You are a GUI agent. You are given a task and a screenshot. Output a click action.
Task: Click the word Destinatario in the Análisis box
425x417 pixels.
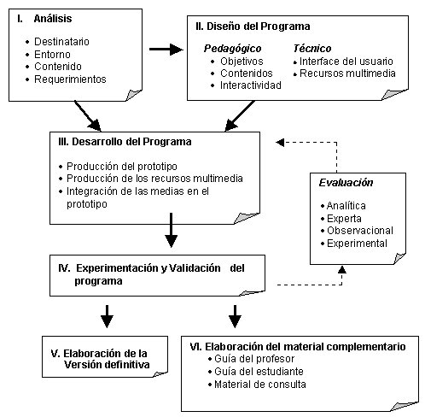coord(61,42)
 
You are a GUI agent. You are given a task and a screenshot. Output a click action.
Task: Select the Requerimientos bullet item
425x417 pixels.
coord(70,79)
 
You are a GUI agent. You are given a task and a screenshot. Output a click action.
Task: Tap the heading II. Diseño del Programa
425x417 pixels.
coord(253,26)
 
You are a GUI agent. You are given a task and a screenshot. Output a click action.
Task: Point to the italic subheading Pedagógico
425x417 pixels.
coord(232,49)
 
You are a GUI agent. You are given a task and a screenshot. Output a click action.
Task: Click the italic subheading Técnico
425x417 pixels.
coord(312,49)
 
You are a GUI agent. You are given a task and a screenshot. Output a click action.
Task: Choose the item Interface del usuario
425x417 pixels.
coord(346,62)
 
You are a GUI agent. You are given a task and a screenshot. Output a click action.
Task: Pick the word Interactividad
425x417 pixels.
coord(251,85)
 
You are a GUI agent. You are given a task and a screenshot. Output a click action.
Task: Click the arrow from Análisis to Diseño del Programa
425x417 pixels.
coord(166,50)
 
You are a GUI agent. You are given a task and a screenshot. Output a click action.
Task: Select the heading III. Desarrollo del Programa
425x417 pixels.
coord(125,142)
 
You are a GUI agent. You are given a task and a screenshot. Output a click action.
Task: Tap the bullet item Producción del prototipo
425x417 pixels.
coord(122,167)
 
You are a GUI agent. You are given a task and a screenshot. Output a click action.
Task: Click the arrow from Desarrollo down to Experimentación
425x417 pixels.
coord(171,230)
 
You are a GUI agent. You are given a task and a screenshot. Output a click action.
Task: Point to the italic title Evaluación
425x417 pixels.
coord(346,183)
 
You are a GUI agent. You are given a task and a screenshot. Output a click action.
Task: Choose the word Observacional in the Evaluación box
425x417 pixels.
coord(360,231)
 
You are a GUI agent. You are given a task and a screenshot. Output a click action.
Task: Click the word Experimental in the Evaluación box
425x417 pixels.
coord(357,244)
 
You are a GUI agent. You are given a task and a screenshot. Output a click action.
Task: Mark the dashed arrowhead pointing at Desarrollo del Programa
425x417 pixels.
coord(280,142)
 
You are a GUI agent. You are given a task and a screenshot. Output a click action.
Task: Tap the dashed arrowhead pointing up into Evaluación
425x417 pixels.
coord(342,270)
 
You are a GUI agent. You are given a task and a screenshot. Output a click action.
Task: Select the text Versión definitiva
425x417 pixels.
coord(107,365)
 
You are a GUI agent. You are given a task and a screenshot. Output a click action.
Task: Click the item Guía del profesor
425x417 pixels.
coord(254,359)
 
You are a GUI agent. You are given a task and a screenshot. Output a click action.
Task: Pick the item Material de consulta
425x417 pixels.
coord(260,385)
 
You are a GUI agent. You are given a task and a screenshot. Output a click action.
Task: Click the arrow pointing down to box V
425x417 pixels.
coord(107,316)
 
